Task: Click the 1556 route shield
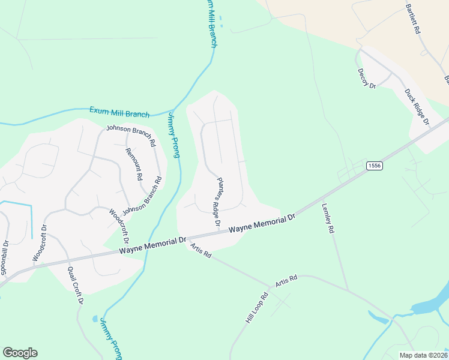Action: [x=375, y=166]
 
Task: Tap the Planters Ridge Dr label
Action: [x=219, y=202]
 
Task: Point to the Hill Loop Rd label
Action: [x=256, y=308]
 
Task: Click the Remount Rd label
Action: [x=133, y=164]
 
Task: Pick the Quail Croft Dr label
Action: [x=74, y=285]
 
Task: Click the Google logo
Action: [x=20, y=353]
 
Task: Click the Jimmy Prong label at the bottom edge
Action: [x=111, y=338]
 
